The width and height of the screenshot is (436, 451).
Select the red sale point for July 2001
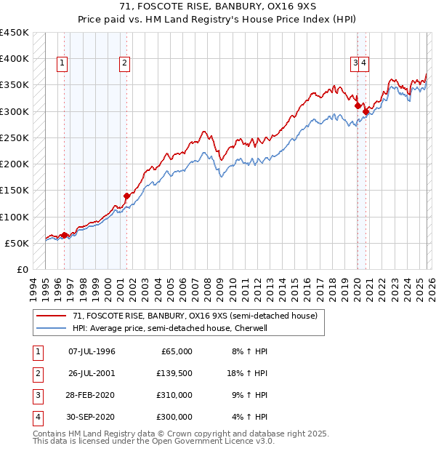[126, 195]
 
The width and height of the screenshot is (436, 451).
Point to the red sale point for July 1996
[64, 235]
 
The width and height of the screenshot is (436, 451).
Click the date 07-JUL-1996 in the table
[92, 351]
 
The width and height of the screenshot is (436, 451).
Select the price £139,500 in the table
[174, 373]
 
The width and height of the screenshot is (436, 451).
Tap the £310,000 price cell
[174, 395]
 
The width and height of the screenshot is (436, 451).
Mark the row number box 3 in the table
[36, 395]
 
